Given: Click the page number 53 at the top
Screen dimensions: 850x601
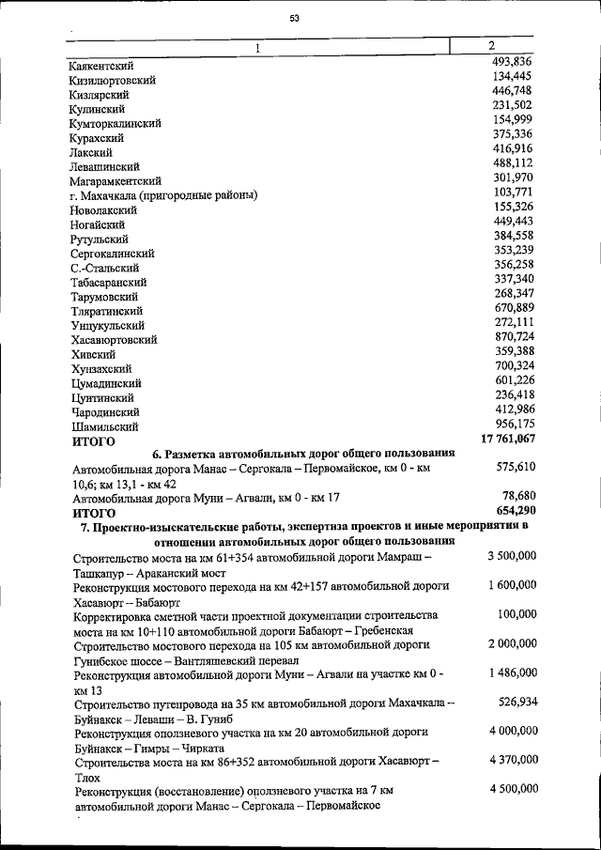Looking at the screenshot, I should (294, 18).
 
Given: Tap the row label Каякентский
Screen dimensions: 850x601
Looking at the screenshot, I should (101, 66).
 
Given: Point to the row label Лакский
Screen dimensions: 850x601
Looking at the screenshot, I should (91, 152).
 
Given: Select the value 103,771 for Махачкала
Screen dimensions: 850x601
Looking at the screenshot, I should (513, 192).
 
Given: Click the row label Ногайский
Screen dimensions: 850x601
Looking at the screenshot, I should (98, 224).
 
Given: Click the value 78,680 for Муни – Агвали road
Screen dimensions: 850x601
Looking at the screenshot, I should (518, 495).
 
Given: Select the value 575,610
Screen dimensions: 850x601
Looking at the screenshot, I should (515, 466).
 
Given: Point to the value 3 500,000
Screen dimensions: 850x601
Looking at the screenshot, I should (512, 556).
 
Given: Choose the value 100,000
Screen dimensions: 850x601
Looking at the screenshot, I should (516, 614).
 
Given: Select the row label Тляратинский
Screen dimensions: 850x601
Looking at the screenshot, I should (106, 311).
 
